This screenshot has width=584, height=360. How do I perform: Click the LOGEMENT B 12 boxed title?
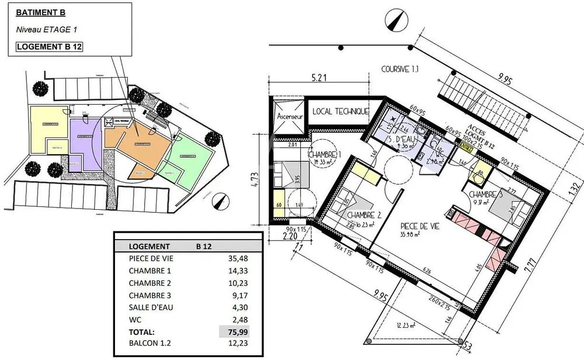(x=48, y=47)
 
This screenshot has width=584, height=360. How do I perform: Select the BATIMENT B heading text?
(x=40, y=12)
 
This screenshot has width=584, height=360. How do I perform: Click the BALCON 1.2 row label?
(x=151, y=344)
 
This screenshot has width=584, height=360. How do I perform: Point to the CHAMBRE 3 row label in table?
(x=150, y=295)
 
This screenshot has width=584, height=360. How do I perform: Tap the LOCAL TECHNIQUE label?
(x=340, y=111)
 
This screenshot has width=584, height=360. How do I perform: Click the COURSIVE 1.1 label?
(x=400, y=68)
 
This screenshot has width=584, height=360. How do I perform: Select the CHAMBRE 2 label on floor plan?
(x=364, y=215)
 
